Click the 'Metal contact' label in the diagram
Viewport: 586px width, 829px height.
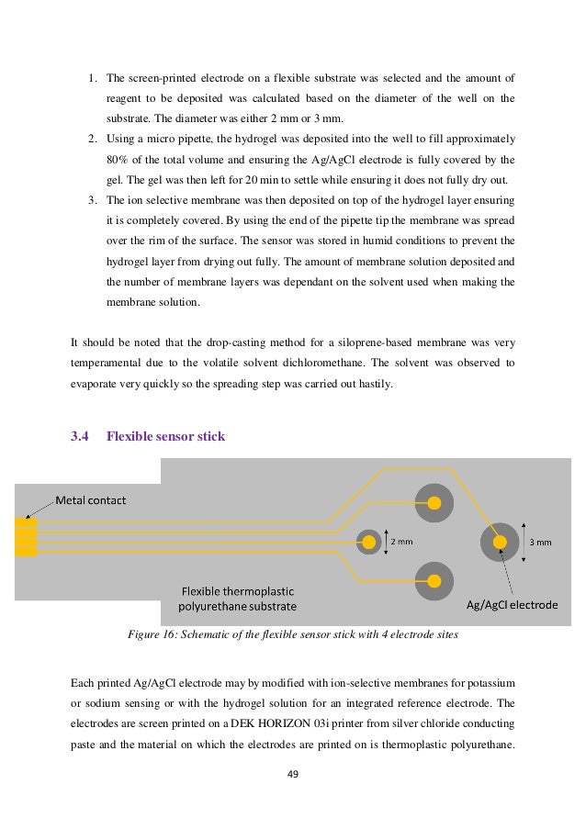point(91,500)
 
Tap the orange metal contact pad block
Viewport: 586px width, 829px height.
point(26,537)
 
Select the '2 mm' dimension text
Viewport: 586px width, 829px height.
point(402,542)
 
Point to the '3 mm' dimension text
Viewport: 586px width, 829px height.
point(542,542)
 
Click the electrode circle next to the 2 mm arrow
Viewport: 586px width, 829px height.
point(368,542)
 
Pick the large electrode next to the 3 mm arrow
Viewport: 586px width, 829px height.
point(499,543)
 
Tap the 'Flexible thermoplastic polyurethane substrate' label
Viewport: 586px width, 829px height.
point(238,598)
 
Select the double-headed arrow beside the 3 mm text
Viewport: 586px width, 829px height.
point(524,542)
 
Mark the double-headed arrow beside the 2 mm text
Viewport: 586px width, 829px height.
point(386,542)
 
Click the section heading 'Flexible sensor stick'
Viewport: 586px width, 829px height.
point(165,436)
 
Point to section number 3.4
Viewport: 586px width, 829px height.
point(80,436)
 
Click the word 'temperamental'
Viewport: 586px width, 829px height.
point(110,364)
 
